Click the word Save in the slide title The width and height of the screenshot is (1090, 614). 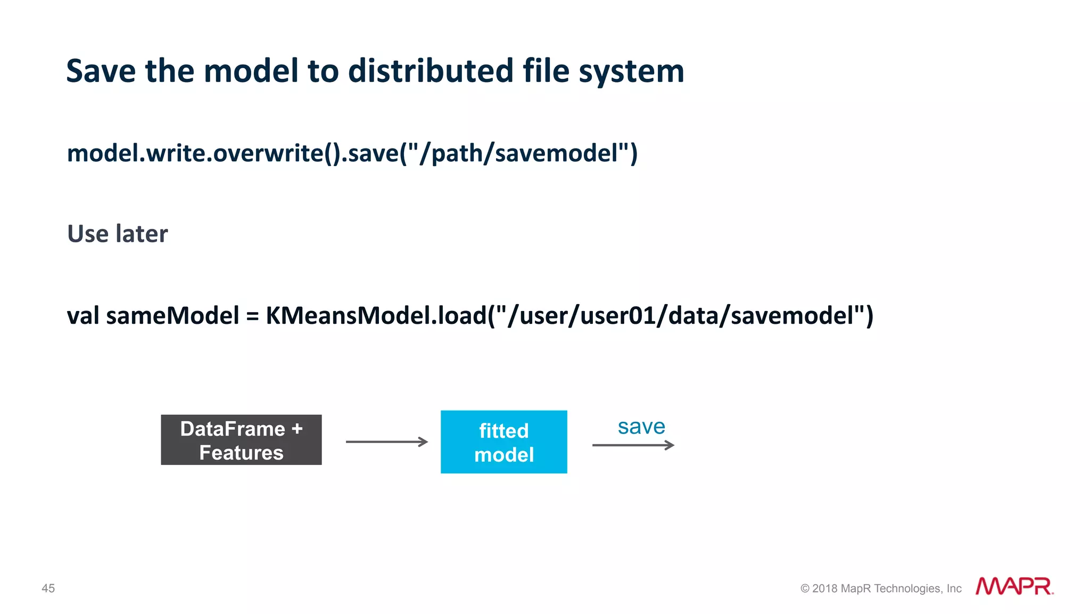click(x=101, y=71)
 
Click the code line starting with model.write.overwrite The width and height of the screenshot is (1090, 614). click(x=352, y=153)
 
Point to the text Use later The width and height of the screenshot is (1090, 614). click(x=118, y=234)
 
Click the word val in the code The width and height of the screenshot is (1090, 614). click(x=83, y=315)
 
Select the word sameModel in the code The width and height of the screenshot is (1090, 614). click(x=172, y=315)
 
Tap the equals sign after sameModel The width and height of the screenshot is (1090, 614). click(x=252, y=316)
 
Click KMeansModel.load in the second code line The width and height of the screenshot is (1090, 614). click(x=376, y=315)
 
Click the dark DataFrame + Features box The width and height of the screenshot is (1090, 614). click(x=241, y=440)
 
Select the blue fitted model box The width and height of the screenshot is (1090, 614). click(x=503, y=441)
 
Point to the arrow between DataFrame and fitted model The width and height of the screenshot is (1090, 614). click(x=386, y=441)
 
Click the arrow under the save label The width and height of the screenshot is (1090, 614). click(x=633, y=445)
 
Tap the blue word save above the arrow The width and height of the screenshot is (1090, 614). click(x=641, y=427)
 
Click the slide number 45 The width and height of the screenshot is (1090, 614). click(x=48, y=588)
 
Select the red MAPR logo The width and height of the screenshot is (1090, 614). click(x=1014, y=586)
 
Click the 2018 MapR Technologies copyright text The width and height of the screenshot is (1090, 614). click(x=881, y=588)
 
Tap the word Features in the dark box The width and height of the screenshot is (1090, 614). click(x=241, y=453)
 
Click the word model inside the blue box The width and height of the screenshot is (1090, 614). click(x=503, y=455)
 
